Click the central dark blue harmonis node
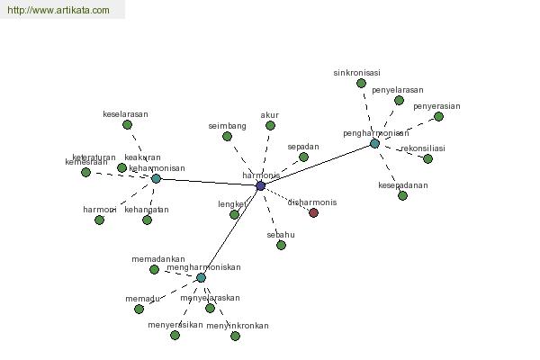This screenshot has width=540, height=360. tap(260, 185)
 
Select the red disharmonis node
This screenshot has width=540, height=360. tap(313, 212)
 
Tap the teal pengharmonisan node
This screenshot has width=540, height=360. tap(374, 143)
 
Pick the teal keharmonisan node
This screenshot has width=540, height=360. tap(156, 178)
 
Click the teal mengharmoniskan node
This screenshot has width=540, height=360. tap(201, 277)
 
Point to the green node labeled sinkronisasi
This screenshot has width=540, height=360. tap(361, 83)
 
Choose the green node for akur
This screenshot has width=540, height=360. tap(270, 125)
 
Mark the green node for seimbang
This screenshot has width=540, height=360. tap(228, 136)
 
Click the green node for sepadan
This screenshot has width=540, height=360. tap(303, 157)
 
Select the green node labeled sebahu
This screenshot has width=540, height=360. tap(281, 245)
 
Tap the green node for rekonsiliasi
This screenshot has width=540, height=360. tap(427, 158)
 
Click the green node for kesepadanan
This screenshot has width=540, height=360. tap(402, 195)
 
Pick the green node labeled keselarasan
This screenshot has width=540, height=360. tap(125, 125)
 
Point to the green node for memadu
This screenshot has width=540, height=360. tap(139, 309)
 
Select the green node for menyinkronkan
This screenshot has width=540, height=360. tap(235, 336)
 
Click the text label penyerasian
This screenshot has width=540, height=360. tap(436, 106)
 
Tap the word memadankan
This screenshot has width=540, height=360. tap(158, 259)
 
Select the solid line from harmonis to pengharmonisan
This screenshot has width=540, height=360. tap(317, 165)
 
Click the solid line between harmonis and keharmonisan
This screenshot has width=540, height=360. tap(208, 182)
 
